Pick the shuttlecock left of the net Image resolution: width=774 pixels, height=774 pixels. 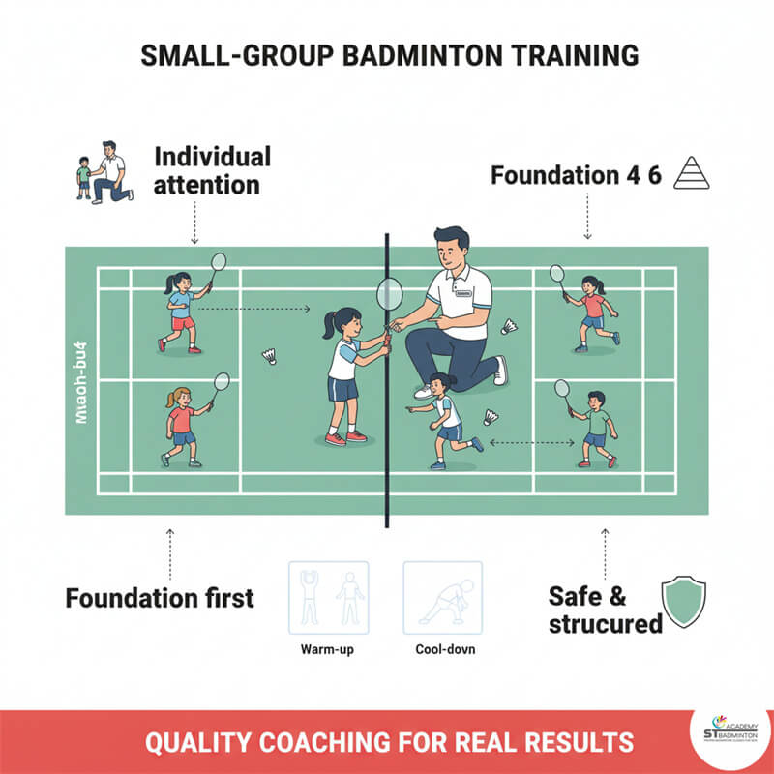pyautogui.click(x=271, y=356)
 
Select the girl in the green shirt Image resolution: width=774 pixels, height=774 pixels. pyautogui.click(x=596, y=426)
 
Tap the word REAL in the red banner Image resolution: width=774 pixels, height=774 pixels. pyautogui.click(x=484, y=742)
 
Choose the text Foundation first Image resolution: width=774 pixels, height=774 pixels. pyautogui.click(x=160, y=597)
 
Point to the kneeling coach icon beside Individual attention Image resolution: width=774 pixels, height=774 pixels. pyautogui.click(x=103, y=172)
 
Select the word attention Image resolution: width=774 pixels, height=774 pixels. pyautogui.click(x=206, y=184)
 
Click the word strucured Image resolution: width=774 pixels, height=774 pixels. pyautogui.click(x=605, y=624)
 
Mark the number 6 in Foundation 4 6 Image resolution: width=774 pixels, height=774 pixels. pyautogui.click(x=654, y=176)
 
